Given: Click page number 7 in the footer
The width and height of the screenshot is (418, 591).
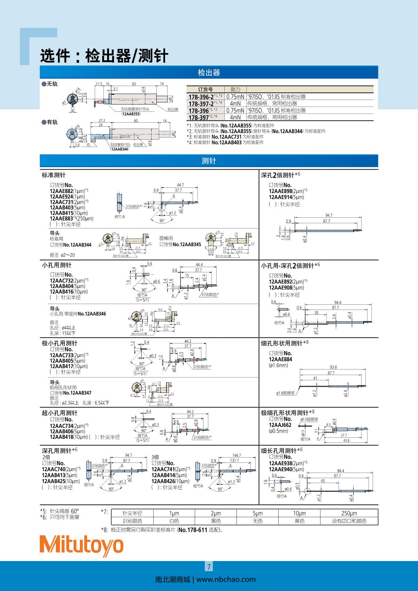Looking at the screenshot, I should click(209, 567).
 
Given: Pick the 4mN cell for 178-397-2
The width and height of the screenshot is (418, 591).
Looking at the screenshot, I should click(235, 103).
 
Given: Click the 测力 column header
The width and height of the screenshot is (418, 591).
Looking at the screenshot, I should click(233, 90).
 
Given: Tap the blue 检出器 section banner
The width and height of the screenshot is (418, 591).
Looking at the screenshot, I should click(209, 72).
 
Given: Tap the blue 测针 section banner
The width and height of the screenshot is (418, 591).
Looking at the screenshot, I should click(209, 161).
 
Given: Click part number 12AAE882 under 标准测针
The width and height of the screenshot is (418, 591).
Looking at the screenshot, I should click(61, 191).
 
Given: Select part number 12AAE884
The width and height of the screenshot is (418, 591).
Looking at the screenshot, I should click(280, 359).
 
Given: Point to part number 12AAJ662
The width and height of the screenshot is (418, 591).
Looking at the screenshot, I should click(280, 425).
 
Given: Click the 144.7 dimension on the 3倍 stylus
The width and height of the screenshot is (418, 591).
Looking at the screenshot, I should click(237, 455).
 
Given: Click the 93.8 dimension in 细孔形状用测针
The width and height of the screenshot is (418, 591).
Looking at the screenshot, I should click(333, 367).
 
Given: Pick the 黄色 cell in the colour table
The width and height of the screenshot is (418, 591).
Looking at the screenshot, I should click(299, 521).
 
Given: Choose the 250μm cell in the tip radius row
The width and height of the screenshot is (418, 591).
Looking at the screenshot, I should click(349, 513).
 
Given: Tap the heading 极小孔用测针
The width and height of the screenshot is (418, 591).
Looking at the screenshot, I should click(60, 343).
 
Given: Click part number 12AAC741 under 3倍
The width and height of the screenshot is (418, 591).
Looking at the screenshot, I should click(163, 469).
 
